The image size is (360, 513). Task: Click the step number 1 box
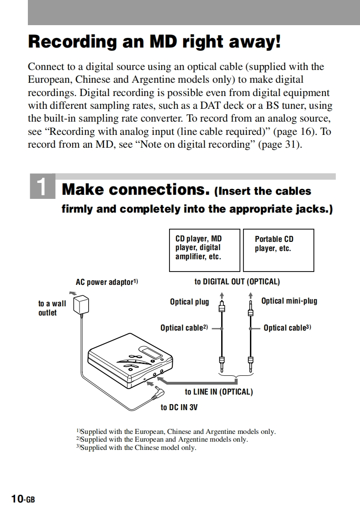(x=42, y=187)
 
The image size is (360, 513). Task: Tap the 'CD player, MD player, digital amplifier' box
(x=204, y=250)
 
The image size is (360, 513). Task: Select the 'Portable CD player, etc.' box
(x=278, y=250)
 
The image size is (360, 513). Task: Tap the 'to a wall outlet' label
(x=52, y=308)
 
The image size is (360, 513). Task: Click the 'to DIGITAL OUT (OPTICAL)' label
(x=237, y=282)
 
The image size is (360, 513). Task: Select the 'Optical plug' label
(x=189, y=302)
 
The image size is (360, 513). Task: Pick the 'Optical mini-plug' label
(x=289, y=301)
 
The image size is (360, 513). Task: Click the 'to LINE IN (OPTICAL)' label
(x=218, y=392)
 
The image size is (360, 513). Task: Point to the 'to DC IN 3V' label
(x=179, y=407)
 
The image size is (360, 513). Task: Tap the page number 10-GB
(x=23, y=499)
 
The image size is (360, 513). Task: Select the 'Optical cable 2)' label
(x=184, y=328)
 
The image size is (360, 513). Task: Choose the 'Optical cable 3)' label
(x=287, y=328)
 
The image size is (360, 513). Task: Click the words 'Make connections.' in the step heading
(x=136, y=189)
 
